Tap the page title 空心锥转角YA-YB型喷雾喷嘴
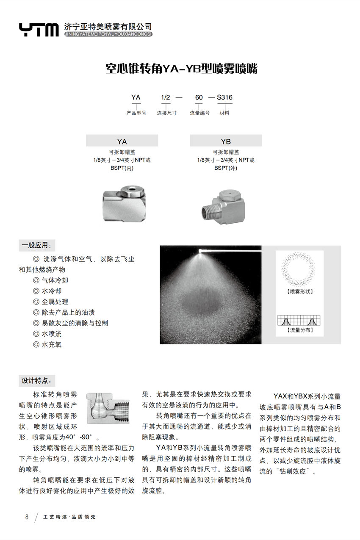(x=181, y=69)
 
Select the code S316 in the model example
(x=224, y=97)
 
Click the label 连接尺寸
(x=166, y=113)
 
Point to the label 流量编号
(x=199, y=113)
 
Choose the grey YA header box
(x=122, y=141)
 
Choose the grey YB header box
(x=226, y=141)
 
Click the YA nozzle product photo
(x=123, y=204)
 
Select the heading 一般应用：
(x=37, y=245)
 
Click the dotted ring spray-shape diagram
(x=299, y=269)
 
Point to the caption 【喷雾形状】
(x=299, y=292)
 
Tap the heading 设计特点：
(x=37, y=381)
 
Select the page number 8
(x=27, y=517)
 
